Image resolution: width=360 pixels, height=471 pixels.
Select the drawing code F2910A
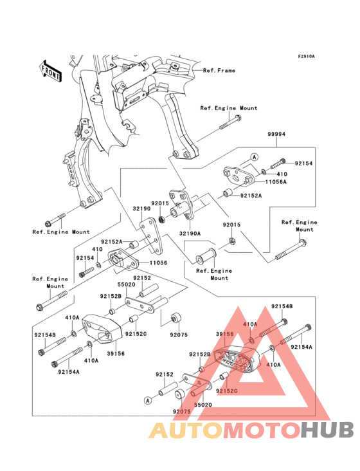[305, 57]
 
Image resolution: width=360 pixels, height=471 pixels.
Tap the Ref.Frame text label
[219, 70]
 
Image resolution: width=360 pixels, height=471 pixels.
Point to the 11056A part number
[277, 183]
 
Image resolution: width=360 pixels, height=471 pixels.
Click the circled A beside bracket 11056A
[253, 157]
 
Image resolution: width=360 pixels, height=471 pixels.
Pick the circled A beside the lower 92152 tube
[147, 400]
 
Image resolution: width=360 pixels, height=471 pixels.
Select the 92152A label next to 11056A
[251, 195]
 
